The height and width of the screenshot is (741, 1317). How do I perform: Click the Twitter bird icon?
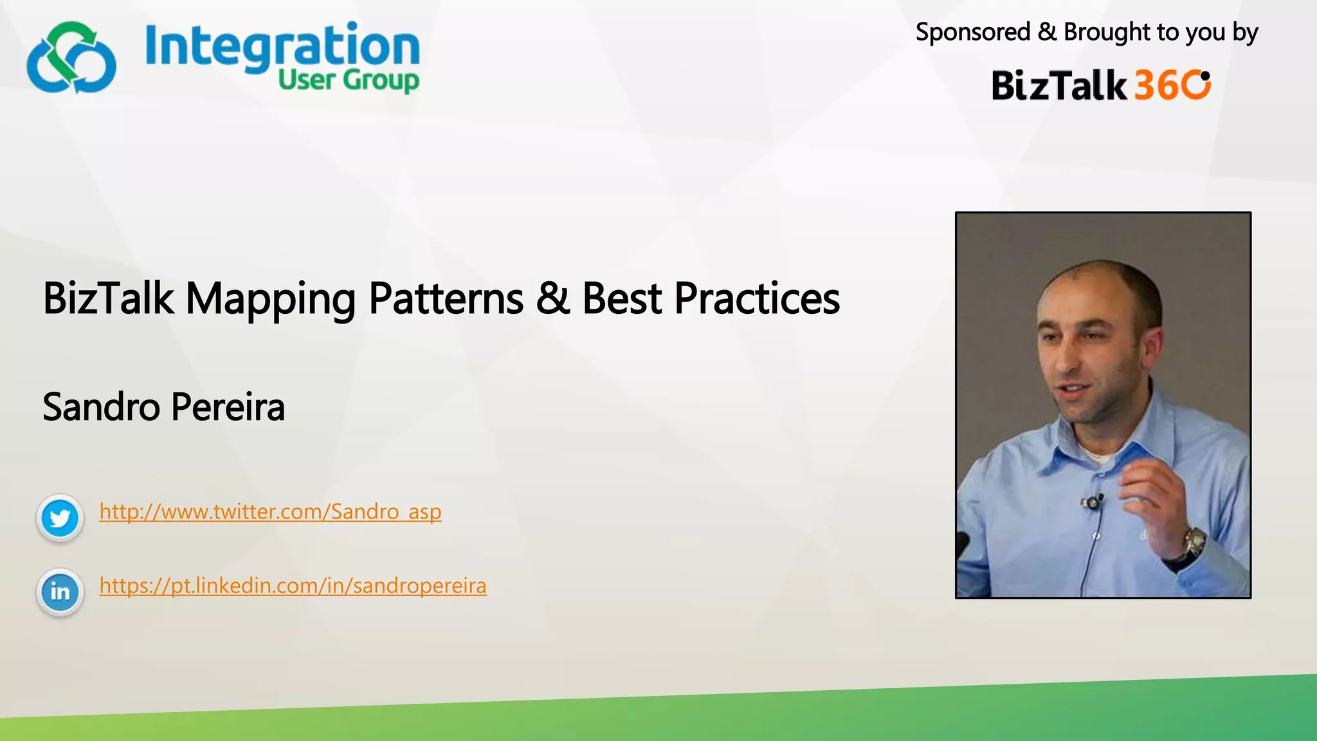60,518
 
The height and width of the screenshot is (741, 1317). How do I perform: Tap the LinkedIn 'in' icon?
60,592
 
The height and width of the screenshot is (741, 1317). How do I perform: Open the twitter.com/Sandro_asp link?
270,512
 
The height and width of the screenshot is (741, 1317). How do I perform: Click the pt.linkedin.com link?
293,586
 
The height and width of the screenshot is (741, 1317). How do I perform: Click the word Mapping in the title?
270,300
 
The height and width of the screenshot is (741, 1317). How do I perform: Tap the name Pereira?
228,407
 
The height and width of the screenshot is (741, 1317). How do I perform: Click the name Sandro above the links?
101,407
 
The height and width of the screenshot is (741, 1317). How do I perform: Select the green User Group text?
348,81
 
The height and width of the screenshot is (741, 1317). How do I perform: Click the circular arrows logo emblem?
71,58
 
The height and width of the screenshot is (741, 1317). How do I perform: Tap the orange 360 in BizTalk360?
1172,85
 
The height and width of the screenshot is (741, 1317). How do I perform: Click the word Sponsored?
972,32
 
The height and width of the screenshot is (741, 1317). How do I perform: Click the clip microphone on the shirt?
1093,502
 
